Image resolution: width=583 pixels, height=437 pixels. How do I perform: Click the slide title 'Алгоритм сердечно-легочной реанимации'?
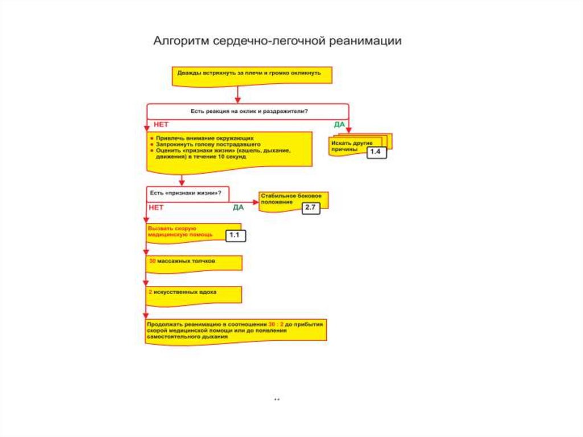pyautogui.click(x=277, y=42)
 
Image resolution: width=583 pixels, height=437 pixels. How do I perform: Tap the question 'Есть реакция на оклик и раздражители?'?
pyautogui.click(x=248, y=111)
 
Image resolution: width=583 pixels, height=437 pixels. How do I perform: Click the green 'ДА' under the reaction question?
pyautogui.click(x=339, y=124)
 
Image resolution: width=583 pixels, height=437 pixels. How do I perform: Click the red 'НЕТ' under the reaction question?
pyautogui.click(x=161, y=124)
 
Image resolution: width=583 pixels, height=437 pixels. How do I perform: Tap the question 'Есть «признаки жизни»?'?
pyautogui.click(x=185, y=193)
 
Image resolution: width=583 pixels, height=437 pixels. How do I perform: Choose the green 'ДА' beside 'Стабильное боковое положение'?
pyautogui.click(x=238, y=207)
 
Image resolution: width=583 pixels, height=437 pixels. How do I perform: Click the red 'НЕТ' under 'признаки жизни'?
pyautogui.click(x=156, y=207)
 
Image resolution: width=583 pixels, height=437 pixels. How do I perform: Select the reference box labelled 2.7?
pyautogui.click(x=310, y=208)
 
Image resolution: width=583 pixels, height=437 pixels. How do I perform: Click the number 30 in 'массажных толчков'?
pyautogui.click(x=152, y=262)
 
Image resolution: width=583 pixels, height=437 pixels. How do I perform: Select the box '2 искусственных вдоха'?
pyautogui.click(x=194, y=293)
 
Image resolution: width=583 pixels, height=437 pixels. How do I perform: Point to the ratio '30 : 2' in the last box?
pyautogui.click(x=276, y=324)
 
